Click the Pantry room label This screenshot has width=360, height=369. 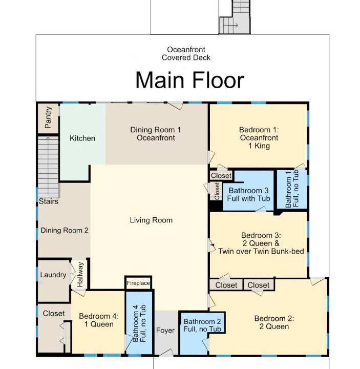48,117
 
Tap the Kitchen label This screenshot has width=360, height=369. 82,138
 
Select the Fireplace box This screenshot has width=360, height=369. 138,283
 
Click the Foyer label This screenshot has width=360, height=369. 165,331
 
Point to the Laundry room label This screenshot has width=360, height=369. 53,275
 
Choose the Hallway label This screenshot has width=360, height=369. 80,275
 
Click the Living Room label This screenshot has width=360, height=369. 151,220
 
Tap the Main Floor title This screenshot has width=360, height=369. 190,80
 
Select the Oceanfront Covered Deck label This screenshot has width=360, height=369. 186,54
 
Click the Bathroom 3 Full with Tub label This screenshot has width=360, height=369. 248,194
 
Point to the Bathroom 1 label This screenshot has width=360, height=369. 292,189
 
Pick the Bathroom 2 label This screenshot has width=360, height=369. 202,325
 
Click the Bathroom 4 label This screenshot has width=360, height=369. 139,323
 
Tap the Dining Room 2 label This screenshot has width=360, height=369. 65,231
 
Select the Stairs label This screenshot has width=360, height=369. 49,201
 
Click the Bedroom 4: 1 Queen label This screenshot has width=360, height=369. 99,320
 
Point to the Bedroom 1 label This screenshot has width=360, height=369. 259,138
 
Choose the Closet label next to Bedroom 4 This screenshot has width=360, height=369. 54,314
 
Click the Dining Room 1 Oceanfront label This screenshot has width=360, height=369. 156,134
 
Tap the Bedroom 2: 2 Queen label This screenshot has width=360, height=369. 274,322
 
